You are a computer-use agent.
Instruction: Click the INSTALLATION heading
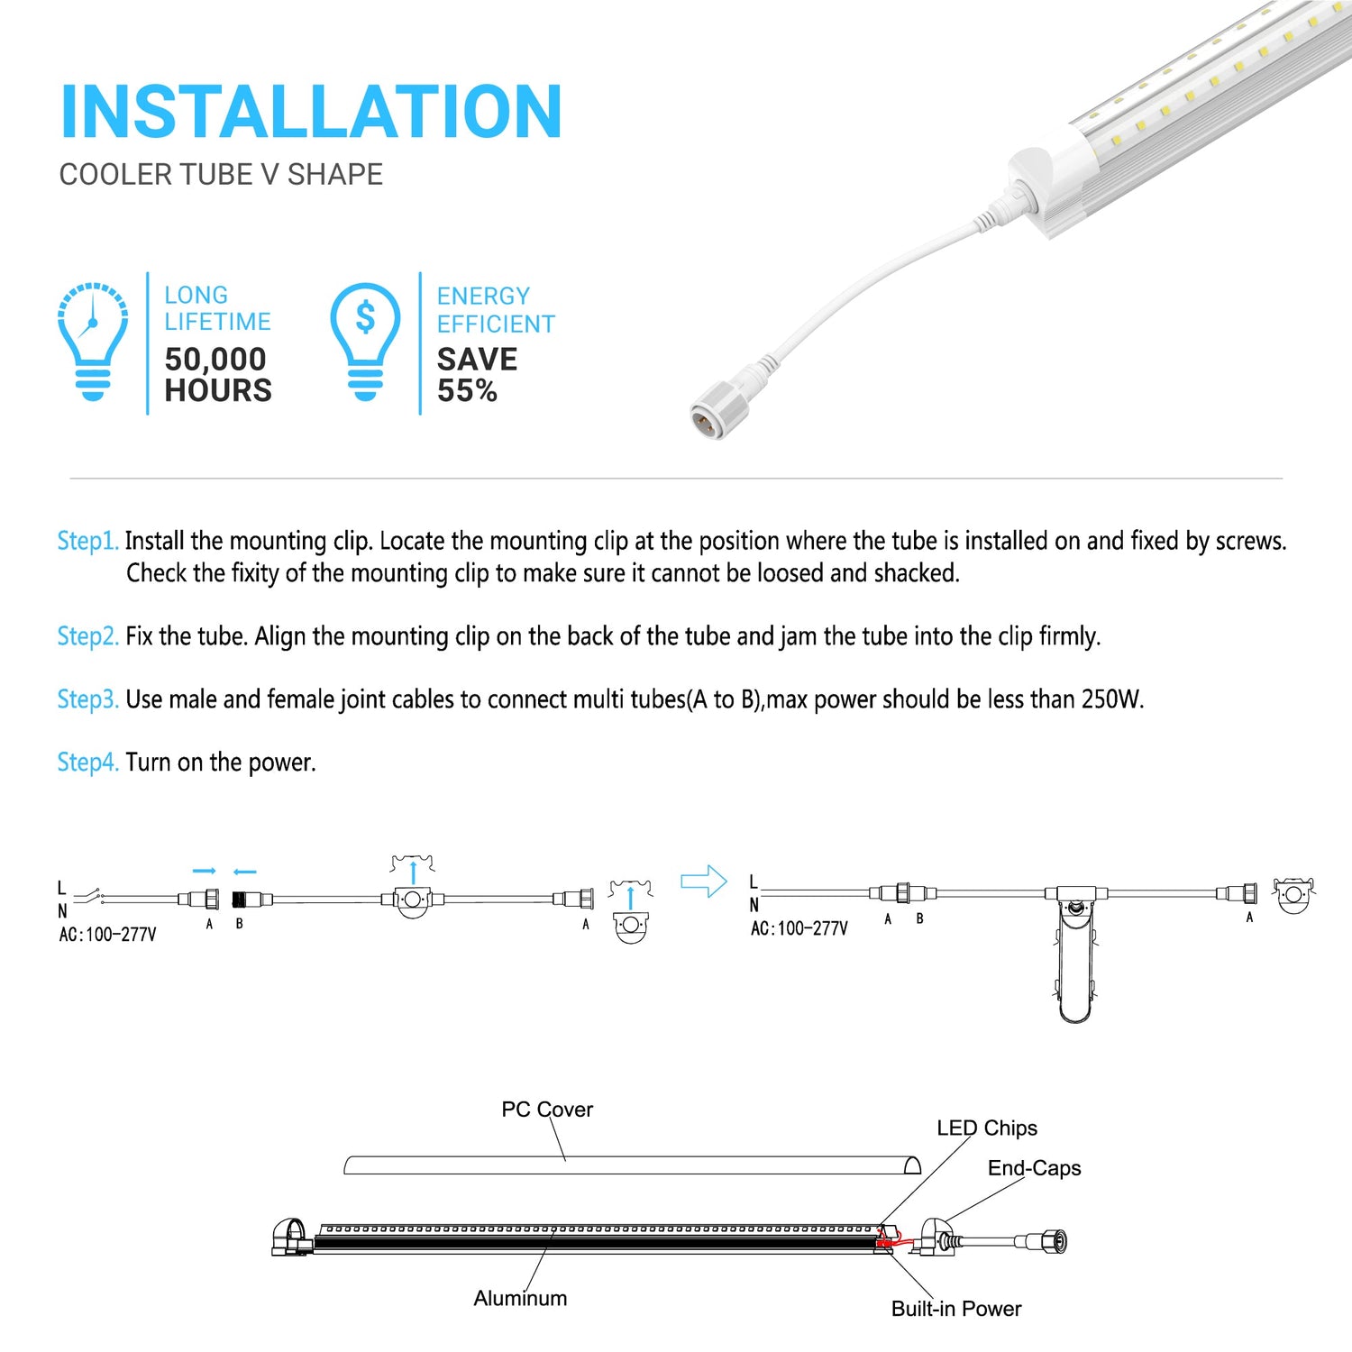pyautogui.click(x=311, y=112)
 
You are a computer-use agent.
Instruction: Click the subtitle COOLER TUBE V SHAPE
pyautogui.click(x=221, y=174)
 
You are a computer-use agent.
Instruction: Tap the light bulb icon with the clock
pyautogui.click(x=93, y=340)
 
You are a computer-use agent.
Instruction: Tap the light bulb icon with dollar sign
pyautogui.click(x=365, y=340)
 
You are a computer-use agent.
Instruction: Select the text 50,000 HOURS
pyautogui.click(x=217, y=375)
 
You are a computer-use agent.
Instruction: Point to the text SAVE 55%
pyautogui.click(x=477, y=375)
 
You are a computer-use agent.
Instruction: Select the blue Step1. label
pyautogui.click(x=87, y=541)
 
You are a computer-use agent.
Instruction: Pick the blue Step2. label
pyautogui.click(x=87, y=636)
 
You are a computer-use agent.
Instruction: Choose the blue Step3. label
pyautogui.click(x=87, y=699)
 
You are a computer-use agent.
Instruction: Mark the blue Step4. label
pyautogui.click(x=87, y=763)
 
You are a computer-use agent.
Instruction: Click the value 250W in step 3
pyautogui.click(x=1112, y=699)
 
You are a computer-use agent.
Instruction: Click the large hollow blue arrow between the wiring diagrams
pyautogui.click(x=703, y=881)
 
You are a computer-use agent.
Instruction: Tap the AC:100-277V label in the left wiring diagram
pyautogui.click(x=107, y=935)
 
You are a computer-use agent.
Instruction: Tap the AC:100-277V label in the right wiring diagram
pyautogui.click(x=799, y=928)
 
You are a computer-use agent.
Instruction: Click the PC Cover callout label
pyautogui.click(x=547, y=1110)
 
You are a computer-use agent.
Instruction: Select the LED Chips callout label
pyautogui.click(x=987, y=1128)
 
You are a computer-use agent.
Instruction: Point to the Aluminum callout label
pyautogui.click(x=520, y=1298)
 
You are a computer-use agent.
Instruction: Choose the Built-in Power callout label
pyautogui.click(x=956, y=1309)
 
